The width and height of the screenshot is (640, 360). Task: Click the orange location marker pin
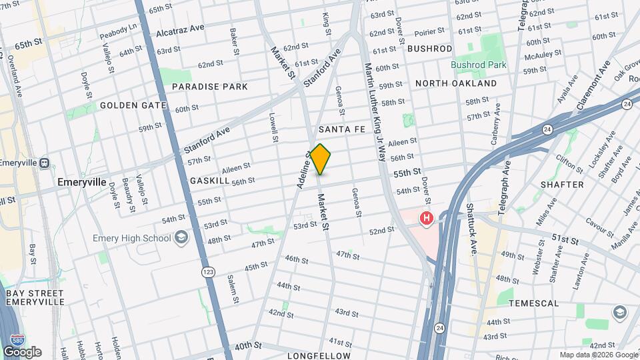point(321,159)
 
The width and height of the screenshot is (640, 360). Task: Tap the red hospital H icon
point(425,218)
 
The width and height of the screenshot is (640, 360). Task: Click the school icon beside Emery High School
point(181,237)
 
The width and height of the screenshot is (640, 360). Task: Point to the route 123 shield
point(208,272)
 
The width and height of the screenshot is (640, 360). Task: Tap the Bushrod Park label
point(479,65)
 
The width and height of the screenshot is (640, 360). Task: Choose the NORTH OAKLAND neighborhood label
point(455,83)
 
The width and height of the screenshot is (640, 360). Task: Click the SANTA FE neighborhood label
point(341,129)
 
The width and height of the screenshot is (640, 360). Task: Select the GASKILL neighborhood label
point(209,181)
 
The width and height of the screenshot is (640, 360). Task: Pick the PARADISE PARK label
point(209,87)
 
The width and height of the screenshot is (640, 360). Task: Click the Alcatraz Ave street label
point(180,31)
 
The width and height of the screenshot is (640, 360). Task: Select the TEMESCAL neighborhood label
point(533,303)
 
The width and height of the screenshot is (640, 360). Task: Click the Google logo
point(22,352)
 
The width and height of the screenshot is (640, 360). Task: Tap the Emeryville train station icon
point(45,163)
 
